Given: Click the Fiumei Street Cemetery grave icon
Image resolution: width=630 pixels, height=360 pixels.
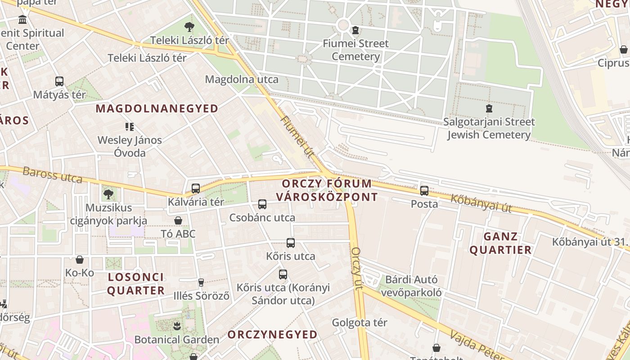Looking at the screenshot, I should point(355,31).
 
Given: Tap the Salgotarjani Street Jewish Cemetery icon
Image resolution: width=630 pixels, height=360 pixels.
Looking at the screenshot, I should point(489,108).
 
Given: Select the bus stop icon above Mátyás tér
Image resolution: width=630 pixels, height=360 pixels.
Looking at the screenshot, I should point(59,81).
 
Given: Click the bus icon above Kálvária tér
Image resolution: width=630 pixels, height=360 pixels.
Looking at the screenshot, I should point(196,189).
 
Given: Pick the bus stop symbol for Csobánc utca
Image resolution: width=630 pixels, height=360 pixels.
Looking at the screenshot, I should point(262,204).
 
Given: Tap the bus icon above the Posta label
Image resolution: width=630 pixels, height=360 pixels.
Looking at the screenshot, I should point(424,190).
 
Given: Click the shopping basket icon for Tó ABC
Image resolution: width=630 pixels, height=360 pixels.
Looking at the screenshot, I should point(178,220).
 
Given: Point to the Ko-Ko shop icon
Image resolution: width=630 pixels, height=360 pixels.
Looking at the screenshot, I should point(80,260).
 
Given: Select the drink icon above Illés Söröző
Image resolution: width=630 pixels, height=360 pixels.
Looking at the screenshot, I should point(201,283).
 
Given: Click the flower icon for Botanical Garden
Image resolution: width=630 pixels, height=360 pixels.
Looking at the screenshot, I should point(176,326).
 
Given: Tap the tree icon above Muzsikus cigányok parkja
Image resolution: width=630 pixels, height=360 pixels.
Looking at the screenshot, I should point(108,194).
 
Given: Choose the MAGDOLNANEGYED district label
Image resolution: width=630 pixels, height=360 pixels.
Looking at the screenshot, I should point(157,108).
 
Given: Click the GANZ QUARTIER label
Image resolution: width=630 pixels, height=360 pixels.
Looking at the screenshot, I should point(501,243).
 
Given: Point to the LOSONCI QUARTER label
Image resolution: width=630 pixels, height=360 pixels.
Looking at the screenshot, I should point(136,283).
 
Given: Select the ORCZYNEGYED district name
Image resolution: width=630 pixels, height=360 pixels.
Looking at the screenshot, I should point(272,334).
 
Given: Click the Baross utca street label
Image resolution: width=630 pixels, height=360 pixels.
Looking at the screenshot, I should point(53,175).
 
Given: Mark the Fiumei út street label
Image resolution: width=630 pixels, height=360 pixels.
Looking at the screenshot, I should point(297,136).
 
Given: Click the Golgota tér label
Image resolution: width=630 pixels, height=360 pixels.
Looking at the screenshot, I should point(359,323).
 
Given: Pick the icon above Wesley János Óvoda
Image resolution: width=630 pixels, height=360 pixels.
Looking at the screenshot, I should point(130,127).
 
